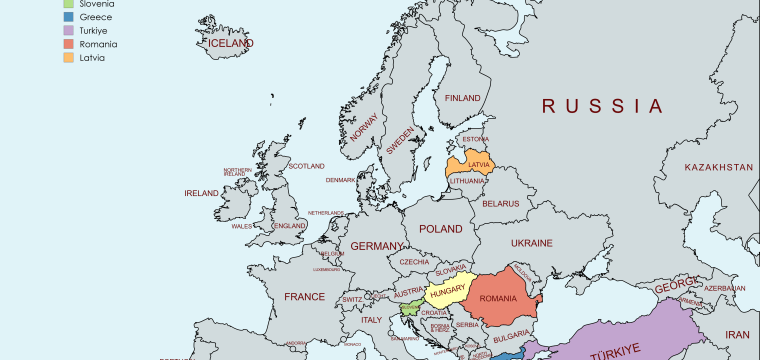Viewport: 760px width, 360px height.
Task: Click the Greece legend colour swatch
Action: pos(67,17)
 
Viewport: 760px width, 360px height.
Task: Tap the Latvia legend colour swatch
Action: pos(67,58)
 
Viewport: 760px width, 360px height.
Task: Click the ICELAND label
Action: pos(230,44)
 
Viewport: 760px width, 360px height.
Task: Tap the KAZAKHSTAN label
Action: pos(719,168)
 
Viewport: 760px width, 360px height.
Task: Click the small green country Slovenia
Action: pos(409,309)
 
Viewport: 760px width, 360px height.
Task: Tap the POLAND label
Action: pos(440,229)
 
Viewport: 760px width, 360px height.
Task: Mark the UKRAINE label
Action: pos(531,243)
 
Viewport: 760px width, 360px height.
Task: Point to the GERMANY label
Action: pos(376,246)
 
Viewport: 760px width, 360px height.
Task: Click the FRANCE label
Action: pos(304,297)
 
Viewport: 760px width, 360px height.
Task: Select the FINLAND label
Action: pos(462,98)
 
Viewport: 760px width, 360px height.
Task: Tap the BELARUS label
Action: pos(501,203)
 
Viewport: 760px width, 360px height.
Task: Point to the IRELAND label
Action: pos(201,193)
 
